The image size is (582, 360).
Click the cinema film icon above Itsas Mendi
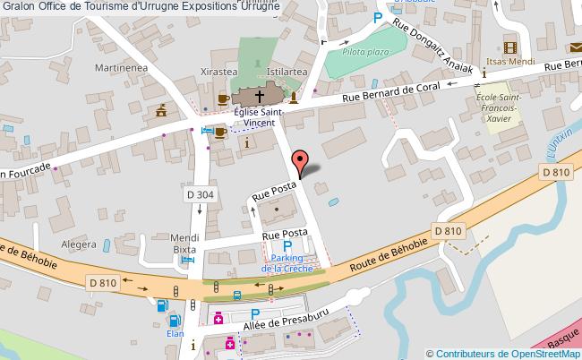[x=510, y=47]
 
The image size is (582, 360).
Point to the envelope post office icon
[x=574, y=47]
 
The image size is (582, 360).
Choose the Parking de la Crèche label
[x=287, y=262]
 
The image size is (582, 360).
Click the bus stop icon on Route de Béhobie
[x=236, y=295]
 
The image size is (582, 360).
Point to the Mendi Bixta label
[x=184, y=244]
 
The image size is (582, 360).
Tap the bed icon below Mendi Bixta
[x=186, y=261]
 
